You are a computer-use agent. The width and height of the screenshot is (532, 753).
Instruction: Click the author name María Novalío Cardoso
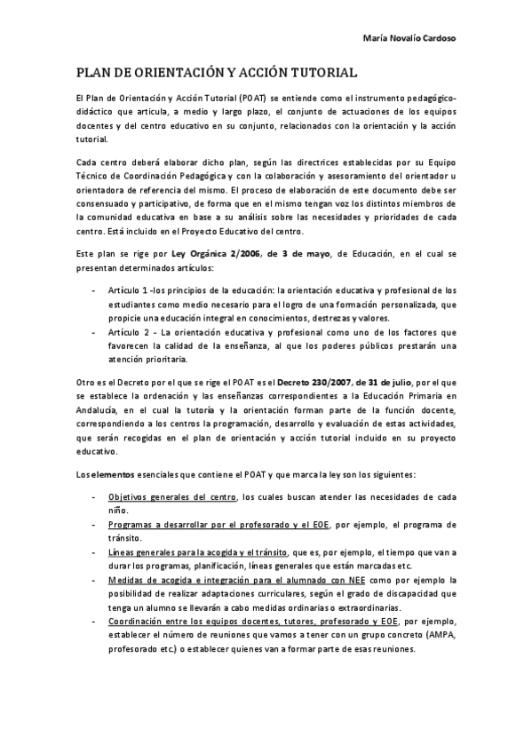pos(416,39)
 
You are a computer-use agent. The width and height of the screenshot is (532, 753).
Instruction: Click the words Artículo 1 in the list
pos(127,291)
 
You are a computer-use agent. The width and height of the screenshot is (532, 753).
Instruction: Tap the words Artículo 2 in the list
pos(127,332)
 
